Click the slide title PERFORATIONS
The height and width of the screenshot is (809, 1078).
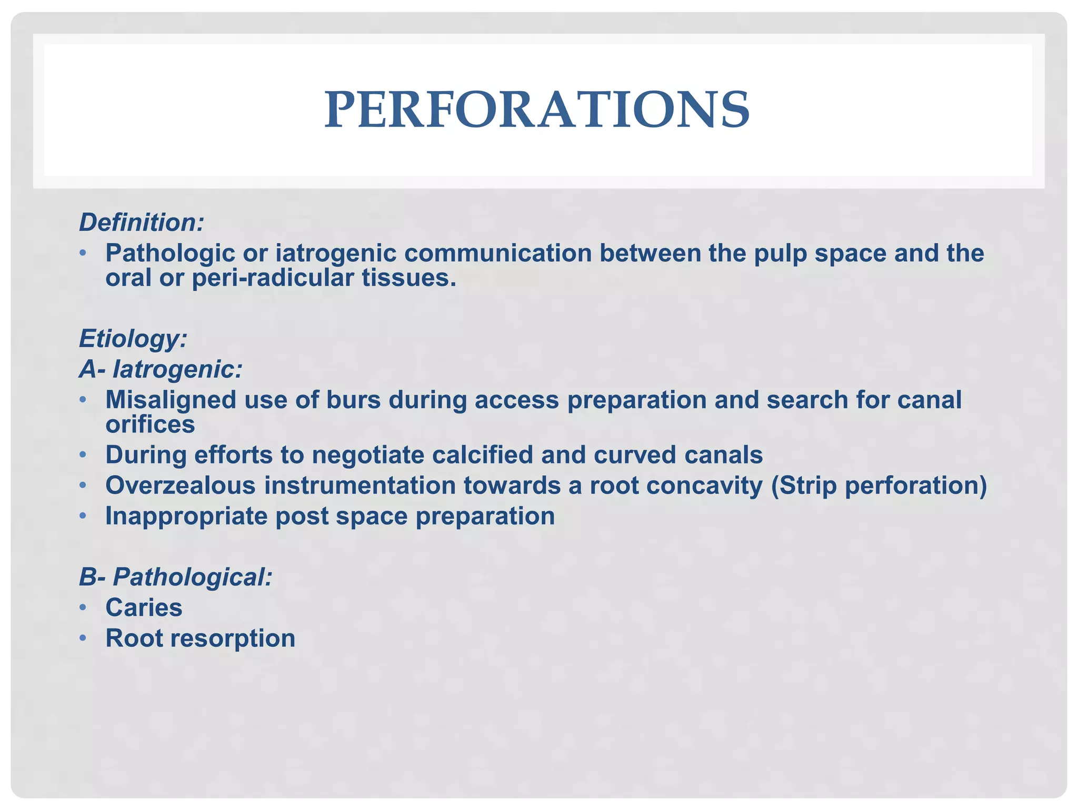pos(537,110)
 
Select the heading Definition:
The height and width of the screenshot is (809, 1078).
pos(141,223)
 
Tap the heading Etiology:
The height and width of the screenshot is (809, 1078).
pos(133,339)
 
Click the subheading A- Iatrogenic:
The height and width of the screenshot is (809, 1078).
pos(161,369)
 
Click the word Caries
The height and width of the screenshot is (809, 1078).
pos(144,608)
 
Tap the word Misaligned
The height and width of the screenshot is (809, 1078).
pos(170,400)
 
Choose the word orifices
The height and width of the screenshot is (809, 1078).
pos(150,425)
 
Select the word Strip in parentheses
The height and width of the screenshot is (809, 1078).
pos(806,486)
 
